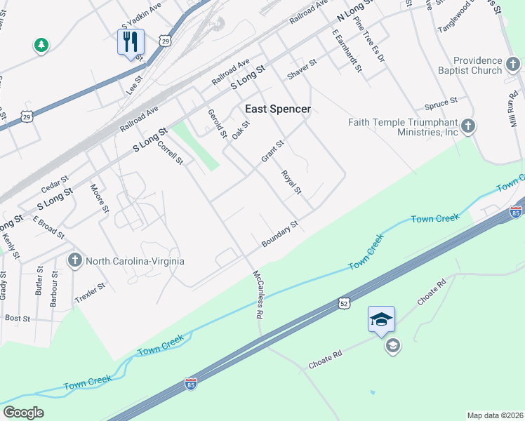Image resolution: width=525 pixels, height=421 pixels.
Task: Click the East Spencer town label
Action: coord(277,109)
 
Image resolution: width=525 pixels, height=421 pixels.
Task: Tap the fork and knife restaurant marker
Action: coord(131,43)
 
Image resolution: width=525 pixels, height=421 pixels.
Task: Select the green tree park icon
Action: coord(41,46)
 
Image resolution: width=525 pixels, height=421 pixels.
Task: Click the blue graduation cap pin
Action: coord(381,319)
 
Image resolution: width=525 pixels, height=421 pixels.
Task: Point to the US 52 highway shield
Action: coord(343,302)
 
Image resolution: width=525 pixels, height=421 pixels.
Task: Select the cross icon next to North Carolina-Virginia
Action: coord(74,261)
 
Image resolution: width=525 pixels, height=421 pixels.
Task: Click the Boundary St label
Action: coord(281,234)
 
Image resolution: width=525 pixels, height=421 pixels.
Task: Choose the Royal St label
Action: coord(291,182)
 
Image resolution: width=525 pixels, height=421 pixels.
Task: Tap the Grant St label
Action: coord(272,151)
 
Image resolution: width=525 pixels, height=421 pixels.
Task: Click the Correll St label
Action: coord(170,151)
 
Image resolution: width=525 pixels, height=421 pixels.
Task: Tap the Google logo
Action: coord(23,413)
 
